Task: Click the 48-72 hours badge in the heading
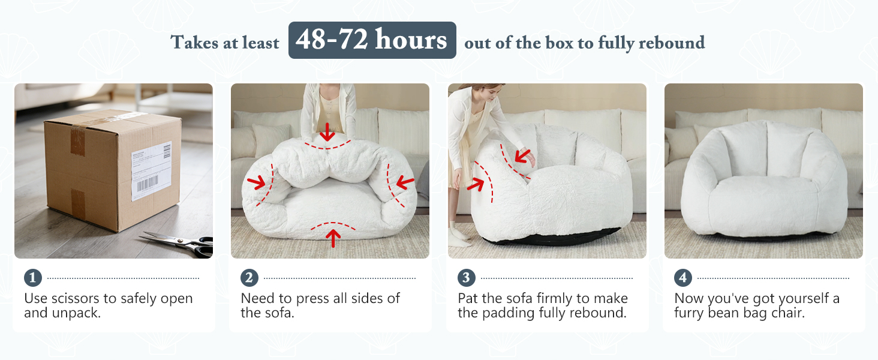point(372,40)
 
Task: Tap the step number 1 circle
point(33,278)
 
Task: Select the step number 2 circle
point(249,278)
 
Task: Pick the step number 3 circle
point(467,278)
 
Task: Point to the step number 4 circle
point(683,278)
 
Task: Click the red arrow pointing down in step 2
point(327,131)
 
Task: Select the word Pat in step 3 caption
point(469,298)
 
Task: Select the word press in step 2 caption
point(314,298)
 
